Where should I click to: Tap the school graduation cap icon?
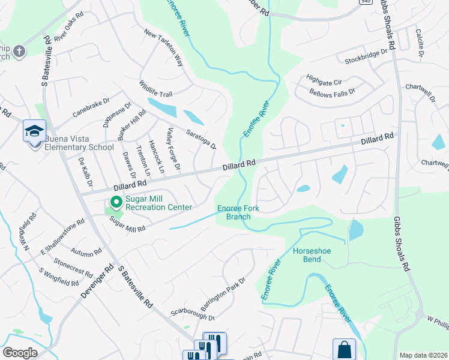pyautogui.click(x=34, y=130)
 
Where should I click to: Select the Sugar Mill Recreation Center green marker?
pyautogui.click(x=115, y=203)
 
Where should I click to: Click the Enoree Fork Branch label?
pyautogui.click(x=238, y=212)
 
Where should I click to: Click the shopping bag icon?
pyautogui.click(x=344, y=349)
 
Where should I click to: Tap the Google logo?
pyautogui.click(x=20, y=353)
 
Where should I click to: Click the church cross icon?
pyautogui.click(x=19, y=51)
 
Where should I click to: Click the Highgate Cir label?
pyautogui.click(x=324, y=80)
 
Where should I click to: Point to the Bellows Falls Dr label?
pyautogui.click(x=332, y=92)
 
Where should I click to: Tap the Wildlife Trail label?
pyautogui.click(x=155, y=89)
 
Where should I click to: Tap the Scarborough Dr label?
pyautogui.click(x=192, y=314)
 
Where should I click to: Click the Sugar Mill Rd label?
pyautogui.click(x=127, y=224)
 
